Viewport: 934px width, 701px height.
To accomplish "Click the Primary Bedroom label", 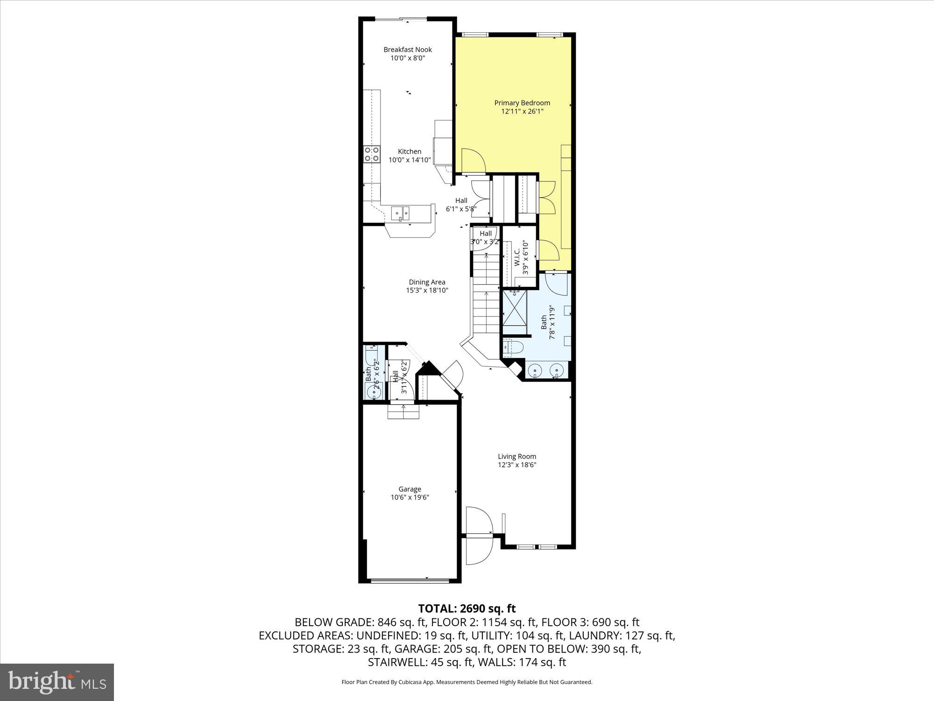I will coord(522,103).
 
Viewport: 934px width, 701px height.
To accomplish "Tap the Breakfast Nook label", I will coord(408,50).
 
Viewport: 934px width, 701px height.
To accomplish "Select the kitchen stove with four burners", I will coord(372,154).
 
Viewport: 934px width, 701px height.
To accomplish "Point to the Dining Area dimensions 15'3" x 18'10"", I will coord(427,290).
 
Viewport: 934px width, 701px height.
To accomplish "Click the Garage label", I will coord(410,489).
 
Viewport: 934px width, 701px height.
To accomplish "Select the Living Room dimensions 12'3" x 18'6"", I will coord(517,465).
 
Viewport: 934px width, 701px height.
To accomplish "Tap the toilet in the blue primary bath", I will coord(513,347).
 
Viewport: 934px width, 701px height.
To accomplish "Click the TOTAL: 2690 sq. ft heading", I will coord(467,608).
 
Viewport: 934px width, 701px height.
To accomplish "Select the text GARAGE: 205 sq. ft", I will coord(444,649).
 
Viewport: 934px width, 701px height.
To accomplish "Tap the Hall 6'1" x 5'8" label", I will coord(461,205).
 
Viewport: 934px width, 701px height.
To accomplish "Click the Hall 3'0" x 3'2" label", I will coord(485,237).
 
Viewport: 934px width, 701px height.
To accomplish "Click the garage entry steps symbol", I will coord(403,412).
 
